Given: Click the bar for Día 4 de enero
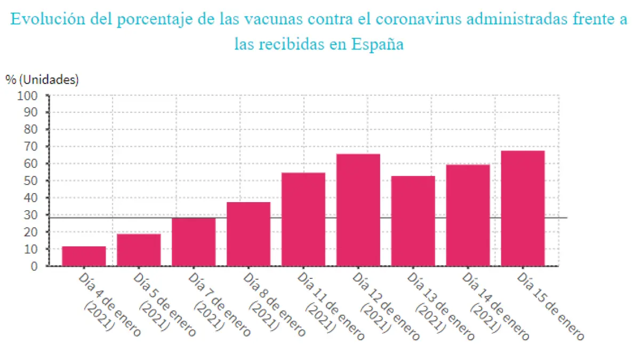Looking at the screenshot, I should pyautogui.click(x=84, y=256).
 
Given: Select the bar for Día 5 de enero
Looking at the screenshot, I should pyautogui.click(x=139, y=250).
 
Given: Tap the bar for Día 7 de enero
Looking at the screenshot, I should pyautogui.click(x=194, y=242).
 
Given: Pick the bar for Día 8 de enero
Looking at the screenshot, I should pyautogui.click(x=249, y=234).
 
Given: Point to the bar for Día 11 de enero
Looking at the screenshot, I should pyautogui.click(x=303, y=219).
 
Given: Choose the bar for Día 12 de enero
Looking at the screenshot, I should pyautogui.click(x=358, y=210).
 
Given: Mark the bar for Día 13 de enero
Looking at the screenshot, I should pyautogui.click(x=413, y=221).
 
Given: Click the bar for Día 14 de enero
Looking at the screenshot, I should pyautogui.click(x=468, y=215).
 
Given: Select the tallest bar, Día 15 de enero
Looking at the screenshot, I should pyautogui.click(x=523, y=208).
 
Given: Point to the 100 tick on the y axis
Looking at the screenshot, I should pyautogui.click(x=28, y=96).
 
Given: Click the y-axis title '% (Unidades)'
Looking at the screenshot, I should pyautogui.click(x=42, y=80).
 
